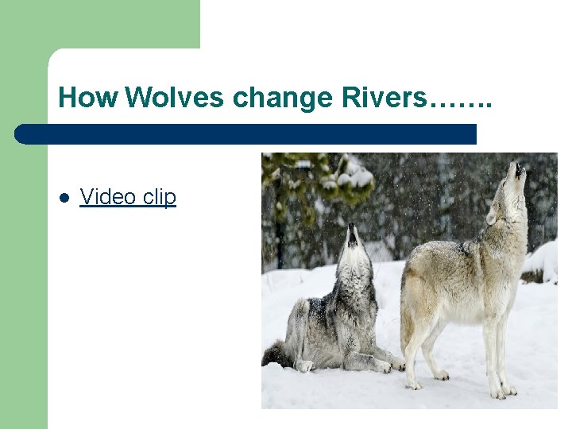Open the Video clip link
pos(128,197)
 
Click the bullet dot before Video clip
pos(64,198)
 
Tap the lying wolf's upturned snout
pos(352,233)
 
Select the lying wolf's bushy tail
pos(276,354)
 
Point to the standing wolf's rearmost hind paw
pos(414,385)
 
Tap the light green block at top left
pos(99,24)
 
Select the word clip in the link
pos(160,197)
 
